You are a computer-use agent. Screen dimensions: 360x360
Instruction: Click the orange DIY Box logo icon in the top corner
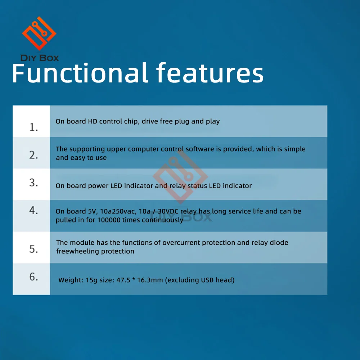[x=39, y=33]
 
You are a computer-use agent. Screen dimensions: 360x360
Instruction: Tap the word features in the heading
[x=210, y=73]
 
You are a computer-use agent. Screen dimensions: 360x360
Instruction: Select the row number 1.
[x=33, y=127]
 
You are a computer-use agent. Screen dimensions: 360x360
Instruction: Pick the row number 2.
[x=33, y=155]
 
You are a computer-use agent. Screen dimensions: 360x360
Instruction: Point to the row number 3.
[x=33, y=183]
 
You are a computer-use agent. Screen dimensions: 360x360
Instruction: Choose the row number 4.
[x=33, y=210]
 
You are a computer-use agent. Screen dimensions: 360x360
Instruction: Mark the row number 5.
[x=33, y=249]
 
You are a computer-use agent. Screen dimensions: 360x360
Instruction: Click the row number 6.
[x=33, y=276]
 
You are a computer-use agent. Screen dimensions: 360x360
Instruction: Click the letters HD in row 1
[x=93, y=121]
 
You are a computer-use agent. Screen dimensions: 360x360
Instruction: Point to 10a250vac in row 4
[x=118, y=211]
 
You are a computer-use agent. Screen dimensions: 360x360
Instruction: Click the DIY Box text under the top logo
[x=40, y=58]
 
